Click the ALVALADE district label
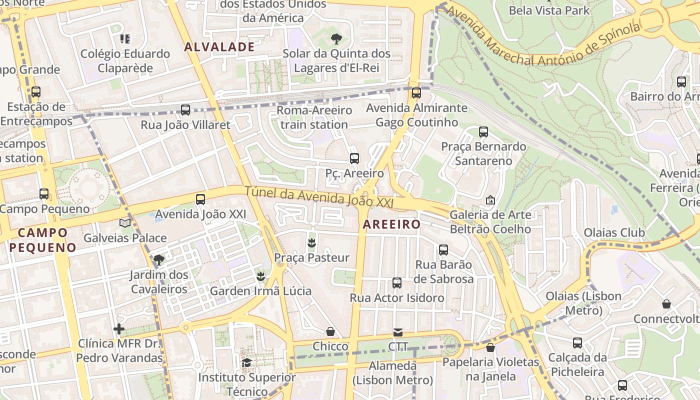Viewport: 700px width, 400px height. [x=219, y=47]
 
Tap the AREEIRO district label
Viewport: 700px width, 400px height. [x=391, y=224]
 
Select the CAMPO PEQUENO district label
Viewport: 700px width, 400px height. [x=43, y=239]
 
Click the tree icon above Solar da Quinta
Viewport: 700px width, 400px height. [x=336, y=38]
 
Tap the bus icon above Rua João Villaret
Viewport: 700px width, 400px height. [x=185, y=110]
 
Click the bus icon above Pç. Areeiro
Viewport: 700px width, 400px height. [x=354, y=158]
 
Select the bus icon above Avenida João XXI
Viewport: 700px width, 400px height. [x=200, y=199]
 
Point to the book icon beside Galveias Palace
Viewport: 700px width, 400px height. [x=125, y=223]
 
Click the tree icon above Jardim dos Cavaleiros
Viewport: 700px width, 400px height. [x=159, y=259]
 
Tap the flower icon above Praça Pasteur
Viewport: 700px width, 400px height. [x=311, y=243]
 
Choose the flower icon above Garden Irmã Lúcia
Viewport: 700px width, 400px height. [x=260, y=276]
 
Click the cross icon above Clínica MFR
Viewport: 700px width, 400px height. [x=119, y=329]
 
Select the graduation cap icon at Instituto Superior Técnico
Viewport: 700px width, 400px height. [x=246, y=362]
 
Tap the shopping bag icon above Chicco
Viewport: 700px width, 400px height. [x=330, y=331]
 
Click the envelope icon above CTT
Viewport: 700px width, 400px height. [x=398, y=332]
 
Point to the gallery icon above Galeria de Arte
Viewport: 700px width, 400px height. [x=490, y=200]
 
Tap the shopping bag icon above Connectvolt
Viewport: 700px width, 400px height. [x=666, y=304]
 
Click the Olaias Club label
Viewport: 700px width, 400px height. [x=614, y=232]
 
